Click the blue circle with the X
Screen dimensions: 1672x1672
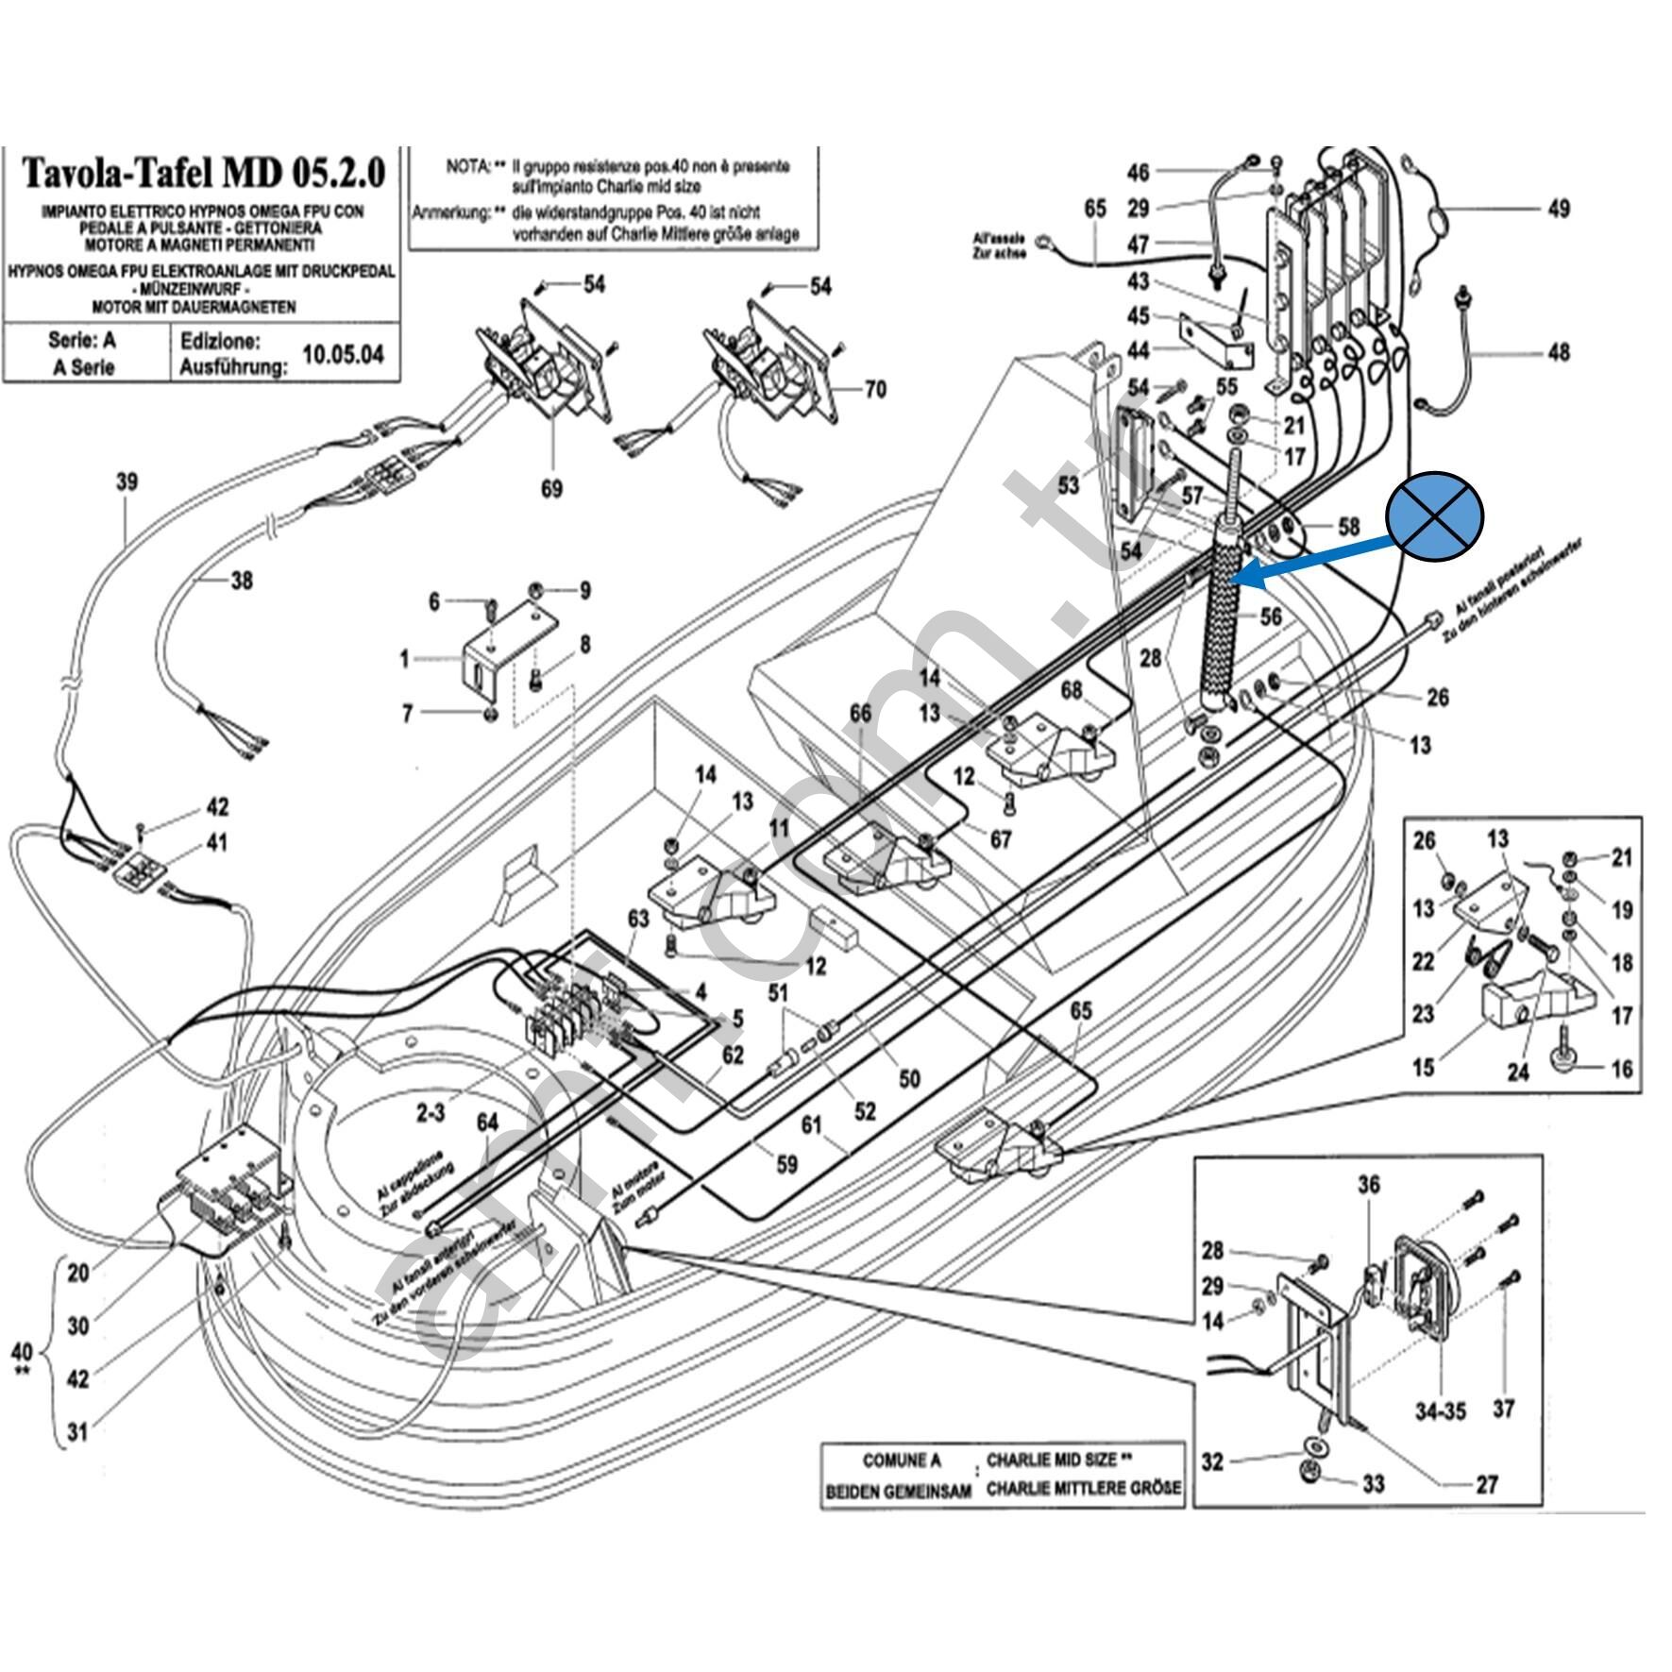1434,516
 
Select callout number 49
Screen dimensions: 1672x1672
1559,208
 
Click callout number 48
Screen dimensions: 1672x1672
1559,352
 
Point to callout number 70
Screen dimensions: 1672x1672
876,389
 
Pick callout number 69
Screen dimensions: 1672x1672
551,488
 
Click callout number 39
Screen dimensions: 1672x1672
127,481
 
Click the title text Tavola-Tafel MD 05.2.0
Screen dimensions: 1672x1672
203,173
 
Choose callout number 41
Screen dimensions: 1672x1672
216,842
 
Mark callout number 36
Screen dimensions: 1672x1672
1369,1185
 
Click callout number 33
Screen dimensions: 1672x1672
1373,1484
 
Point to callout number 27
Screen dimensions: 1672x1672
1487,1485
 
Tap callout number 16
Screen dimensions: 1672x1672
1622,1069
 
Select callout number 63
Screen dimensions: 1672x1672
638,918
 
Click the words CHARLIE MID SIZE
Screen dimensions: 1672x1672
1051,1460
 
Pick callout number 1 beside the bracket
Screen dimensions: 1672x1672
404,659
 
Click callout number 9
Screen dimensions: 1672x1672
585,591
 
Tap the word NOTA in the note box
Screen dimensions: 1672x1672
466,167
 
